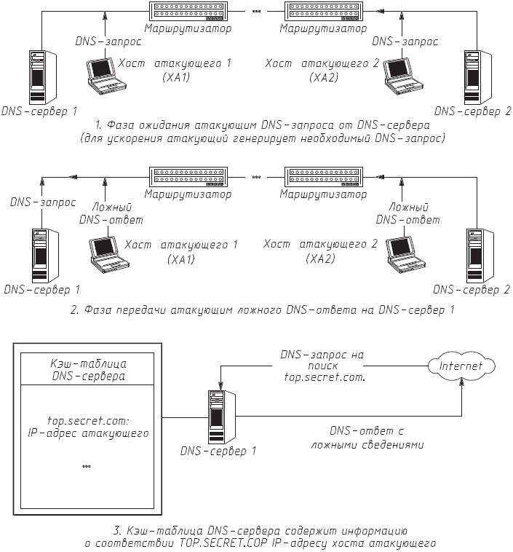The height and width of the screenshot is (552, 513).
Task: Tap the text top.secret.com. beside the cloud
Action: (x=325, y=379)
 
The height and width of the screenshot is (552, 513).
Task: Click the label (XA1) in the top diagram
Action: (x=175, y=77)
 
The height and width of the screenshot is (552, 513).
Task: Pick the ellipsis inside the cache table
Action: (x=86, y=465)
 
